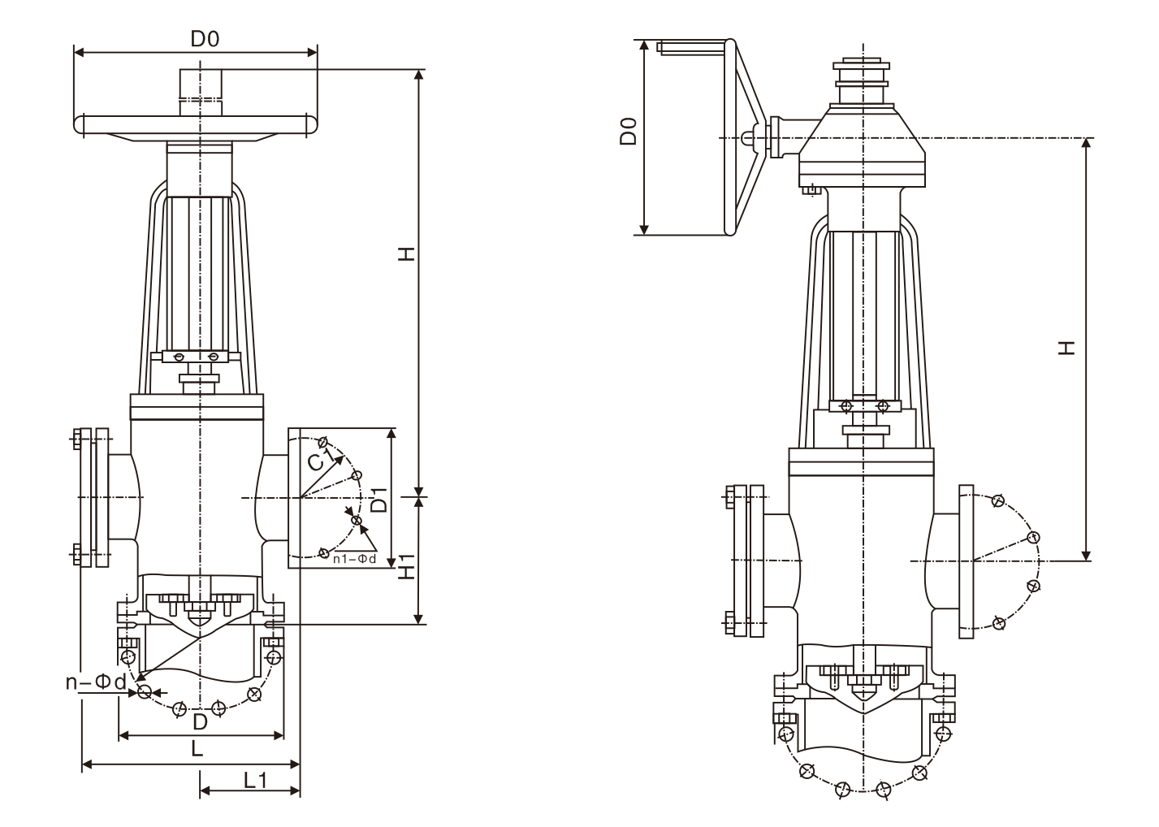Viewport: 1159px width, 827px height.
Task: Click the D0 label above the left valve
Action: (x=205, y=38)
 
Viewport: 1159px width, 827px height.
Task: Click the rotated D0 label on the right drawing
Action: (x=628, y=131)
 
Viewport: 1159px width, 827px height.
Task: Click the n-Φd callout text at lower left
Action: (x=96, y=682)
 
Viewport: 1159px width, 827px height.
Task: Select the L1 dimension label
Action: (x=256, y=780)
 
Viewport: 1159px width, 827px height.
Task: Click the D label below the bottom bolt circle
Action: (x=200, y=721)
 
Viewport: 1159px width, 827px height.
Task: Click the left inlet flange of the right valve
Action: (x=756, y=561)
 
